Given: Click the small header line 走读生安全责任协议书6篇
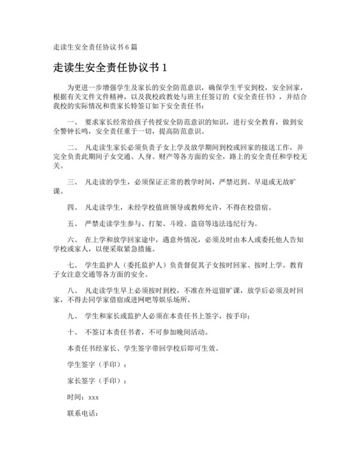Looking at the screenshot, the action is pyautogui.click(x=94, y=47).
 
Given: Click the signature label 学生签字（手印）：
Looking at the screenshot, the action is pyautogui.click(x=97, y=365).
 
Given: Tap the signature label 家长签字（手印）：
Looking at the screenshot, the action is pyautogui.click(x=97, y=381).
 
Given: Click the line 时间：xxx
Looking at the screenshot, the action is pyautogui.click(x=83, y=397).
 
